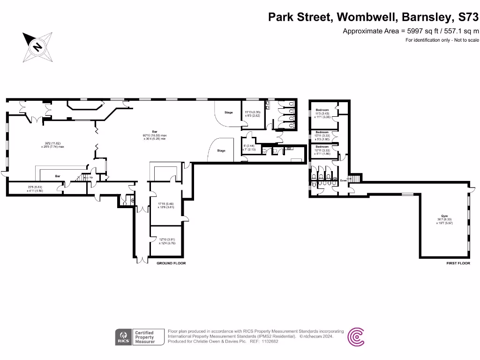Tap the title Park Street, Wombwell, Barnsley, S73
coord(373,17)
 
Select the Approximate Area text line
coord(411,31)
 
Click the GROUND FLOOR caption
coord(171,263)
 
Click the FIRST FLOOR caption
coord(458,263)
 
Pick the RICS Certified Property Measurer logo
coord(139,337)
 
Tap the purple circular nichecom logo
coord(356,337)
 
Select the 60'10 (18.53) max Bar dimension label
coord(154,134)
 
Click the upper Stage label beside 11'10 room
coord(228,112)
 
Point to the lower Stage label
coord(221,150)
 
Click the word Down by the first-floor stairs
coord(343,180)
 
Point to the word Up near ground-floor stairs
coord(91,177)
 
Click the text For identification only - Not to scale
coord(442,40)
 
